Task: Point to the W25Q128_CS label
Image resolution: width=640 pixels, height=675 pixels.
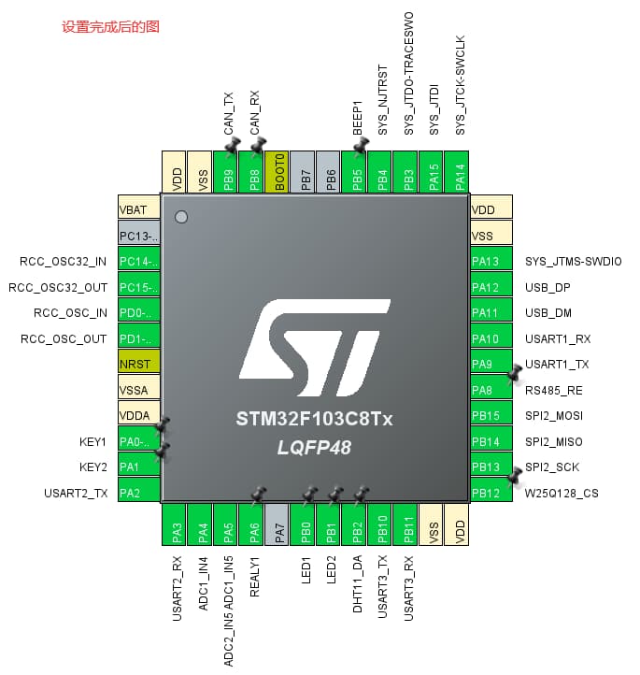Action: click(x=562, y=493)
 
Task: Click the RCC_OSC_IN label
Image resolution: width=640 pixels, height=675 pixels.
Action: click(x=70, y=312)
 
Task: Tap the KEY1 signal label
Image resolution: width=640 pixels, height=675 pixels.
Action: click(x=93, y=440)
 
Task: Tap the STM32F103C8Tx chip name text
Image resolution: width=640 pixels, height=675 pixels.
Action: click(x=315, y=420)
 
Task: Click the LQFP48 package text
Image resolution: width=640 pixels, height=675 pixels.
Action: click(x=314, y=448)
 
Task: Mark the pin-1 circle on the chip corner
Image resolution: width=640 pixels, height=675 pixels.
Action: click(x=181, y=217)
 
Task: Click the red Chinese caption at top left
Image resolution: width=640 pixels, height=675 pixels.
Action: click(x=110, y=27)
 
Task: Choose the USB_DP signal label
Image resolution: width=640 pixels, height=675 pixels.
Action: click(x=548, y=287)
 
